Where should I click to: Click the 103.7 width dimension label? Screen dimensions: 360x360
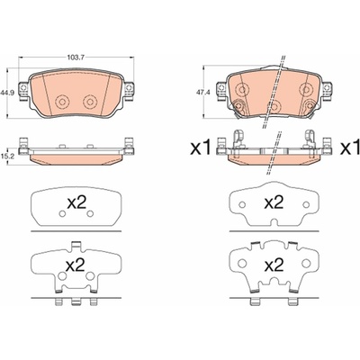(76, 57)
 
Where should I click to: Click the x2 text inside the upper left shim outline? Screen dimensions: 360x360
(76, 203)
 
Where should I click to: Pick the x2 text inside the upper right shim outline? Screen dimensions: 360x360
(274, 203)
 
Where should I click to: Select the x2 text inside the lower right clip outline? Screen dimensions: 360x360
(274, 265)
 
